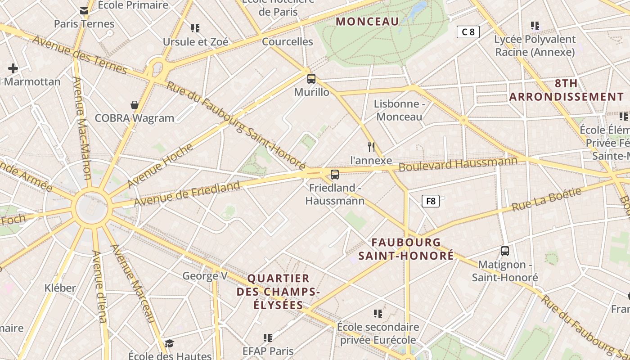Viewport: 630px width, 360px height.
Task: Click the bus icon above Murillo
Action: (311, 79)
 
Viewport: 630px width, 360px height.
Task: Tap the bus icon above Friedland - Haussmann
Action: (334, 175)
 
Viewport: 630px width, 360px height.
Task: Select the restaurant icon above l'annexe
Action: (371, 147)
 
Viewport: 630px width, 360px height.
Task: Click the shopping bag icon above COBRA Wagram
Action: (134, 105)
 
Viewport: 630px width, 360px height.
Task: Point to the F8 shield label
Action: (431, 201)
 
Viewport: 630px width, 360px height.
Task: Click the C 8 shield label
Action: (468, 32)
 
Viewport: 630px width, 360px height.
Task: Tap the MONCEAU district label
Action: (367, 21)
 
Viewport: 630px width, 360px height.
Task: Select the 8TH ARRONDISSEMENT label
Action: (566, 90)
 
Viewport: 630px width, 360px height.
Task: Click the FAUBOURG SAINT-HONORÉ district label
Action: (406, 249)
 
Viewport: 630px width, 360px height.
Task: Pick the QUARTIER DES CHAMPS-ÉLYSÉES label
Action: (279, 292)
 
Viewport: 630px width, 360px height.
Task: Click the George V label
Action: (205, 276)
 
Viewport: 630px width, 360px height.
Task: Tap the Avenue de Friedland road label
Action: (187, 194)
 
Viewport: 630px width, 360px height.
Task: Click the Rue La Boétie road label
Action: (547, 199)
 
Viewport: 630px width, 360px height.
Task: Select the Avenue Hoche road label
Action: (160, 166)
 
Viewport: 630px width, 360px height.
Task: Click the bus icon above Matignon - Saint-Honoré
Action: (505, 251)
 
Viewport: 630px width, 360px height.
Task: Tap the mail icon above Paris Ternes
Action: (84, 11)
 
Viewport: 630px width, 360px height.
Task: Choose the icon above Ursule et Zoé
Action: (195, 28)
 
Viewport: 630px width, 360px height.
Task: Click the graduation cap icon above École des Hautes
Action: (169, 344)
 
